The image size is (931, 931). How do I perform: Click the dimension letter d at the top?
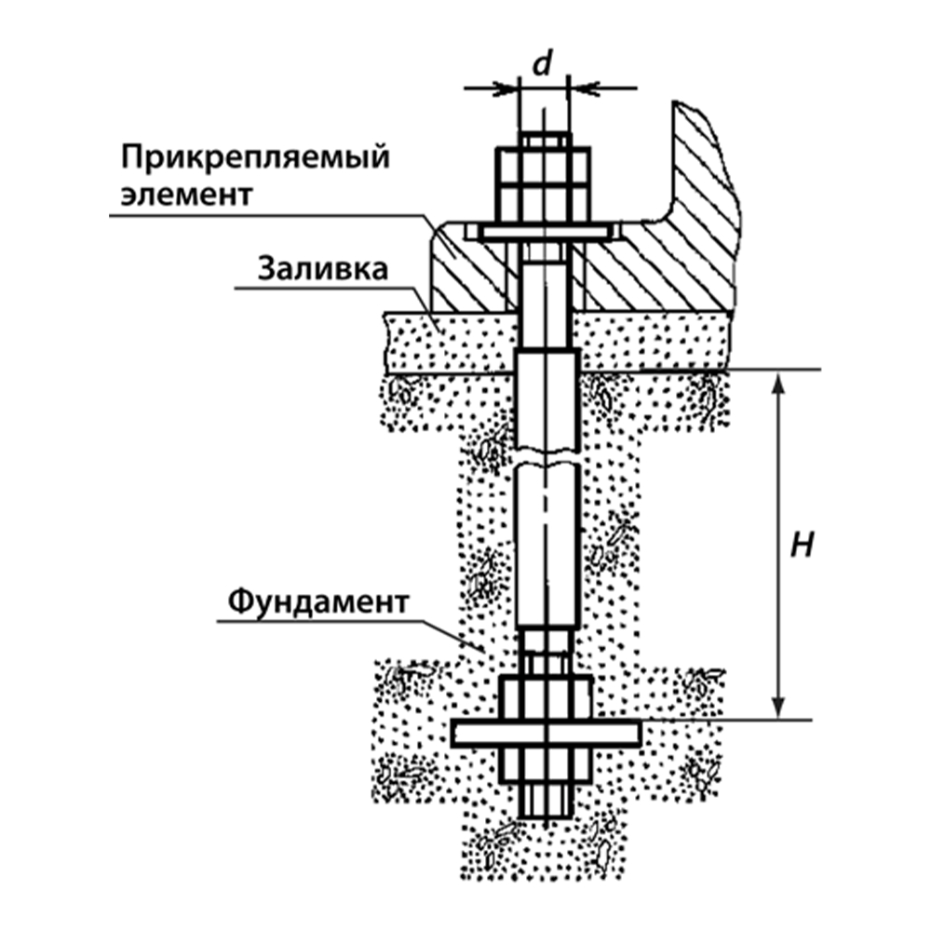[x=542, y=63]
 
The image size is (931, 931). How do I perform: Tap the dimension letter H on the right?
[x=802, y=544]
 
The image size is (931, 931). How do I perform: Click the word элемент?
[x=186, y=195]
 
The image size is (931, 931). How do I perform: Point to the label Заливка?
[x=322, y=268]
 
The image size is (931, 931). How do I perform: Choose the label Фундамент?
[x=318, y=602]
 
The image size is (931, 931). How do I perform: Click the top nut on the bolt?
[x=543, y=184]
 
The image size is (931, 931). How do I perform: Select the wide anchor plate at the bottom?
[x=546, y=733]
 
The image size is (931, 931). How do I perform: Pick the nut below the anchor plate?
[x=546, y=764]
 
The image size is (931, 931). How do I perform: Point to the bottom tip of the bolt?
[x=546, y=818]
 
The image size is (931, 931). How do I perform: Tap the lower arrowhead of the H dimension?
[x=779, y=707]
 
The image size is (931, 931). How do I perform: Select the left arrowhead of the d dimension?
[x=506, y=88]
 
